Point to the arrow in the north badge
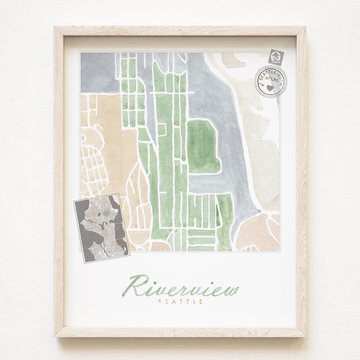pos(276,54)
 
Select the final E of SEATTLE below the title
pos(202,302)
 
